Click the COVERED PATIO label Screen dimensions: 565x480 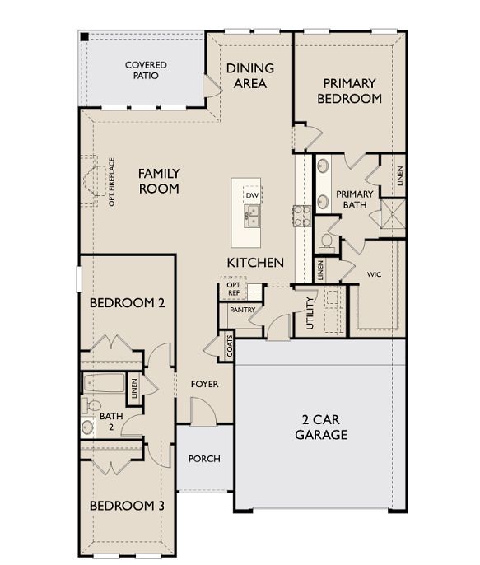[146, 70]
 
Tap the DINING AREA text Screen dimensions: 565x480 [250, 75]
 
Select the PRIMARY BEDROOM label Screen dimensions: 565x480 [349, 91]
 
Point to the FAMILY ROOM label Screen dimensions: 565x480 [159, 180]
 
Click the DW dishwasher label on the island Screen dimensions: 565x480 [251, 195]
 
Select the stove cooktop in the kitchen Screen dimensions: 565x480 [301, 216]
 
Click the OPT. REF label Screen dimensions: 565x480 [233, 288]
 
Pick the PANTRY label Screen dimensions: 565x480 [242, 310]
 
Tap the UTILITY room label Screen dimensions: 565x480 [310, 312]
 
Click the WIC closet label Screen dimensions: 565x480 [374, 273]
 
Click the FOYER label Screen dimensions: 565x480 [204, 384]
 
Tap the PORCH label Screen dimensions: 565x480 [204, 459]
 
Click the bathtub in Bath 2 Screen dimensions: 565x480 [104, 385]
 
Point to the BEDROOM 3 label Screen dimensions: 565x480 [127, 505]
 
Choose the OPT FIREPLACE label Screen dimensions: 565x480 [112, 181]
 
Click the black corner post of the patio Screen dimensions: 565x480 [83, 36]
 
